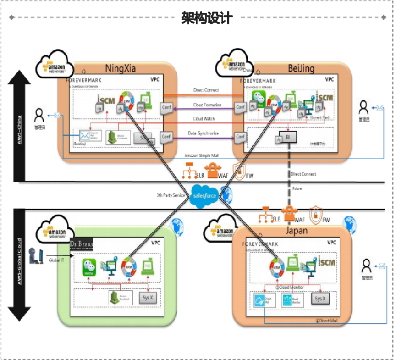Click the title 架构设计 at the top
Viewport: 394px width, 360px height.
pyautogui.click(x=207, y=18)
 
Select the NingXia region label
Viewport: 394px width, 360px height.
pyautogui.click(x=120, y=68)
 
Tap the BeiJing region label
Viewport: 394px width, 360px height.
pyautogui.click(x=300, y=68)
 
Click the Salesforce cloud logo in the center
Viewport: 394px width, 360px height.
pyautogui.click(x=204, y=195)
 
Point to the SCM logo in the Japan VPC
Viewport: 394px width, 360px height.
pyautogui.click(x=327, y=263)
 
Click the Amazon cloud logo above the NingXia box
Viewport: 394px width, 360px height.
pyautogui.click(x=55, y=64)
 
